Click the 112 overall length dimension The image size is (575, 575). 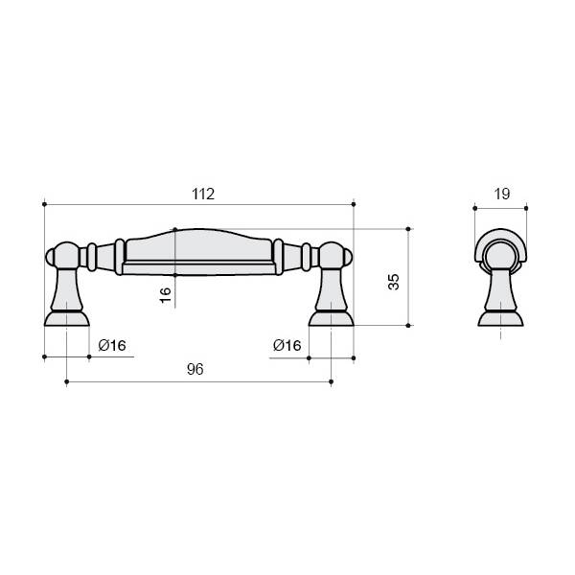pyautogui.click(x=203, y=194)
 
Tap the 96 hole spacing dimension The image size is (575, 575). pyautogui.click(x=195, y=369)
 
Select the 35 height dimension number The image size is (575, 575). pyautogui.click(x=394, y=282)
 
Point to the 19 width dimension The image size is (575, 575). pyautogui.click(x=501, y=194)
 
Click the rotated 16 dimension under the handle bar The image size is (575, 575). pyautogui.click(x=166, y=295)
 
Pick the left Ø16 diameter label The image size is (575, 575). pyautogui.click(x=112, y=345)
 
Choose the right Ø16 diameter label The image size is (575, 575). pyautogui.click(x=287, y=345)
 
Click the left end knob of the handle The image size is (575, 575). pyautogui.click(x=50, y=257)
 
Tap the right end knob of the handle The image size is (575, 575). pyautogui.click(x=348, y=257)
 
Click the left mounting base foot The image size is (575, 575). pyautogui.click(x=67, y=318)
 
